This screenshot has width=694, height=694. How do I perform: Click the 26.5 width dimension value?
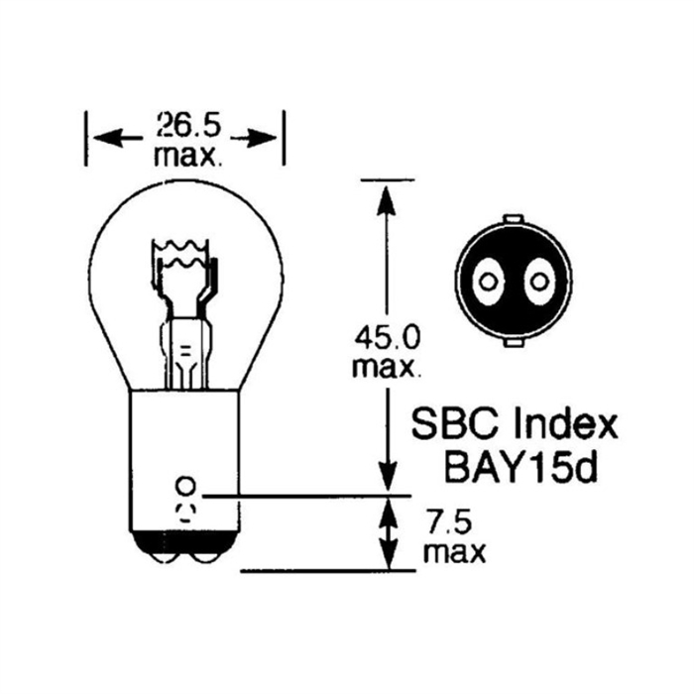(188, 125)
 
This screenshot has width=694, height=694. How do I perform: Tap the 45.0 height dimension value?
(387, 338)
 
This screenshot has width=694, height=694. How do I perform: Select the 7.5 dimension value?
(447, 522)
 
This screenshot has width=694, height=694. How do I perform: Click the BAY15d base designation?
(521, 468)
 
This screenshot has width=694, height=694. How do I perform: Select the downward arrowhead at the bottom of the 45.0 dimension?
(388, 475)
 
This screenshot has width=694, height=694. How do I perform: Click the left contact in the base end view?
(488, 282)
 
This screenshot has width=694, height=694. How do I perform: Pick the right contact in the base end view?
(539, 282)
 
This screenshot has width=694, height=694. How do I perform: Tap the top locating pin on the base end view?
(514, 219)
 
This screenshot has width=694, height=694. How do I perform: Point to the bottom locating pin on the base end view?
(514, 343)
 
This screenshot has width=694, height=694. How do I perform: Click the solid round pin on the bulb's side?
(185, 486)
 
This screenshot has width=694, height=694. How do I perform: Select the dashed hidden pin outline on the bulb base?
(185, 513)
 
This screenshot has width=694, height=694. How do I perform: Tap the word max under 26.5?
(187, 156)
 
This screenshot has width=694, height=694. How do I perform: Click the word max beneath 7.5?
(454, 552)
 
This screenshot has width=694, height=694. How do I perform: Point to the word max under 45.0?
(386, 367)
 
